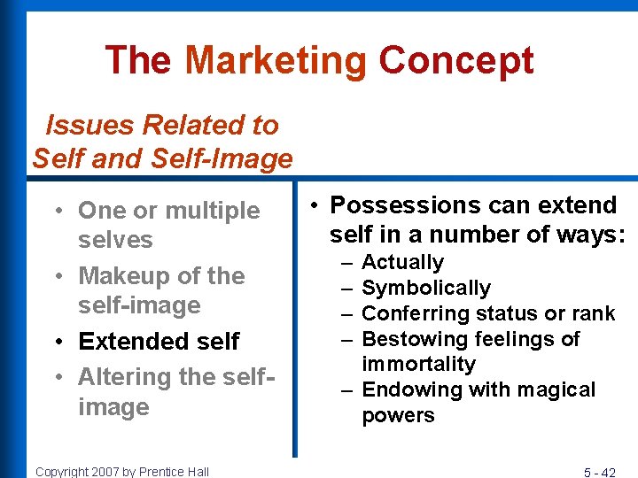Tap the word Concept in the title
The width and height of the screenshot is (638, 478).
coord(456,61)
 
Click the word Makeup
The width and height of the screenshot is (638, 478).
coord(123,276)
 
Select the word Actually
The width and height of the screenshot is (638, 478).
coord(402,262)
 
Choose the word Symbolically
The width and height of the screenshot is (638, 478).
coord(426,288)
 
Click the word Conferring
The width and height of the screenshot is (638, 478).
coord(415,313)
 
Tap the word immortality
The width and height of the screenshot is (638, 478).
coord(419,364)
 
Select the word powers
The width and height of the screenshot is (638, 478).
coord(399,415)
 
